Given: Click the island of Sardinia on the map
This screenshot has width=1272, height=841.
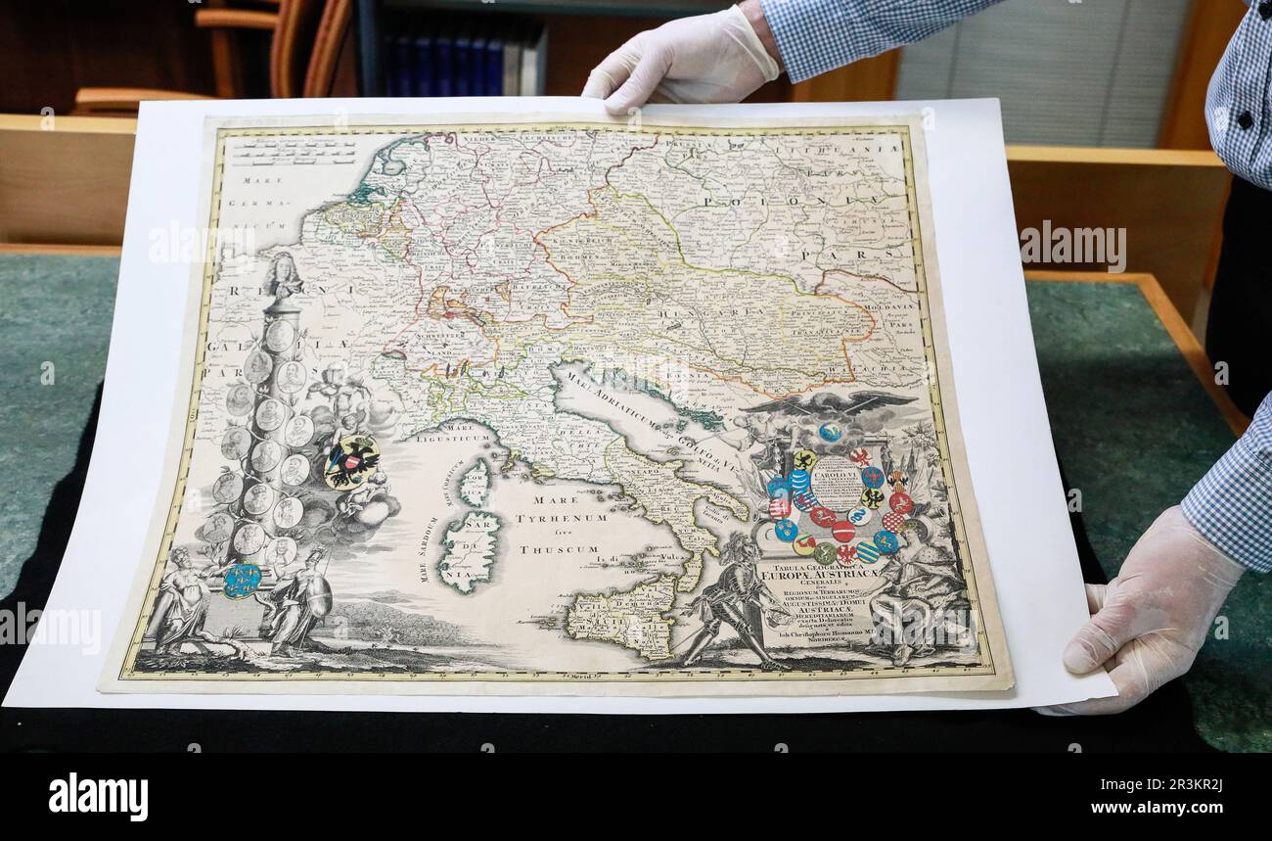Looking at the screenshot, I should point(471,550).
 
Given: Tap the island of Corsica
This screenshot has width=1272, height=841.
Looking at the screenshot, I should point(476,482).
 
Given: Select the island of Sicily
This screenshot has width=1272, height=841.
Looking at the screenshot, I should point(623,615).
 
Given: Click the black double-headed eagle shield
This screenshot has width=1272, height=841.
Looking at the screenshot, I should point(351,461).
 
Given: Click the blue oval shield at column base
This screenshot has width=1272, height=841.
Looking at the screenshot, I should point(241,579).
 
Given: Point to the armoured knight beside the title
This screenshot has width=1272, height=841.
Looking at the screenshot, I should point(731,600).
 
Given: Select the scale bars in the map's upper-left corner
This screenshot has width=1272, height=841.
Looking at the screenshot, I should point(294,152).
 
